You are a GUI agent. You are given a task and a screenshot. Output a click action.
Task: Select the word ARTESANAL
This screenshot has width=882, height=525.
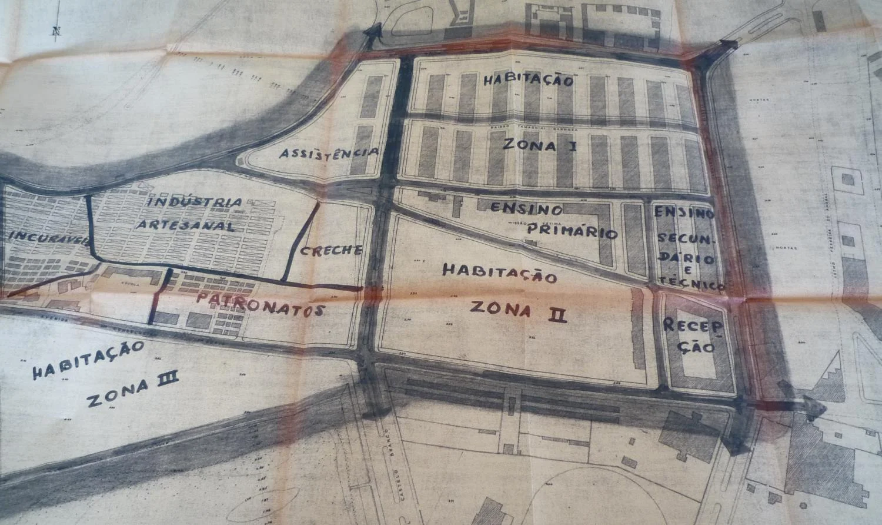pos(186,225)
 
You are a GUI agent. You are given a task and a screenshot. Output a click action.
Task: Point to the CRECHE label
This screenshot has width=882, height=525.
pos(331,250)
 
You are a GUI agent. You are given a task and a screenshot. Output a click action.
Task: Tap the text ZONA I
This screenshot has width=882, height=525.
pos(539,145)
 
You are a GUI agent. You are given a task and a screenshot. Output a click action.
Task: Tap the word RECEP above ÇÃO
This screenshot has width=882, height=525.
pos(691,325)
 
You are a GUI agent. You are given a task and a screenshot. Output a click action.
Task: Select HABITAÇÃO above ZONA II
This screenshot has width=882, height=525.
pos(499,273)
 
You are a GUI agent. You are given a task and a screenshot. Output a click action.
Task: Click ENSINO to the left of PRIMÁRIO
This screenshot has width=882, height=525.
pos(526,208)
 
